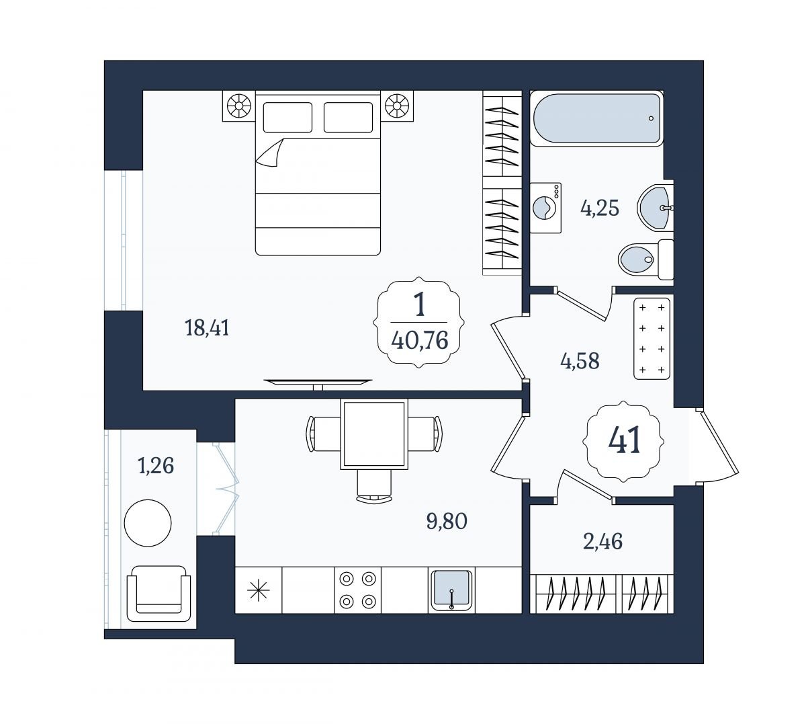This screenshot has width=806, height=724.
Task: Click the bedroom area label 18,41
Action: [x=207, y=329]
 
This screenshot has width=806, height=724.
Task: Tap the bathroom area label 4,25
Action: [x=600, y=208]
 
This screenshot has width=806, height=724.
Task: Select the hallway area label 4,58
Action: [x=580, y=361]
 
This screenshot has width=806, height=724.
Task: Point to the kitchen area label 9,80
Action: [x=447, y=521]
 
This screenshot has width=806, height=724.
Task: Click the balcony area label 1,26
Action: [x=156, y=465]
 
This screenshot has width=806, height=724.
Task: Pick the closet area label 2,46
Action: [x=602, y=542]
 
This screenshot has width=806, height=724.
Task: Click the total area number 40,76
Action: [x=419, y=341]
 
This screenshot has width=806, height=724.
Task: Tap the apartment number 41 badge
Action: [x=624, y=440]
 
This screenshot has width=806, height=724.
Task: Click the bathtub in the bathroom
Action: [x=596, y=119]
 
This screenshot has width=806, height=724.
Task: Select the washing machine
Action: [x=546, y=208]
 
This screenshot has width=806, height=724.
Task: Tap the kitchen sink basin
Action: [x=451, y=590]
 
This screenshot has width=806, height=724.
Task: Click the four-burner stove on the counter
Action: [x=357, y=590]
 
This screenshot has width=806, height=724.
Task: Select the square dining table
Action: [x=374, y=434]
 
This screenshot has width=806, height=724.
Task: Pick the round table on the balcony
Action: [x=148, y=523]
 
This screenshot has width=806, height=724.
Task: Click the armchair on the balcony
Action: [x=159, y=593]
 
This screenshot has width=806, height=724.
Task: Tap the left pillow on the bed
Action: [x=287, y=117]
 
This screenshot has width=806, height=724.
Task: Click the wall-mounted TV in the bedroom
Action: [x=318, y=383]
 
